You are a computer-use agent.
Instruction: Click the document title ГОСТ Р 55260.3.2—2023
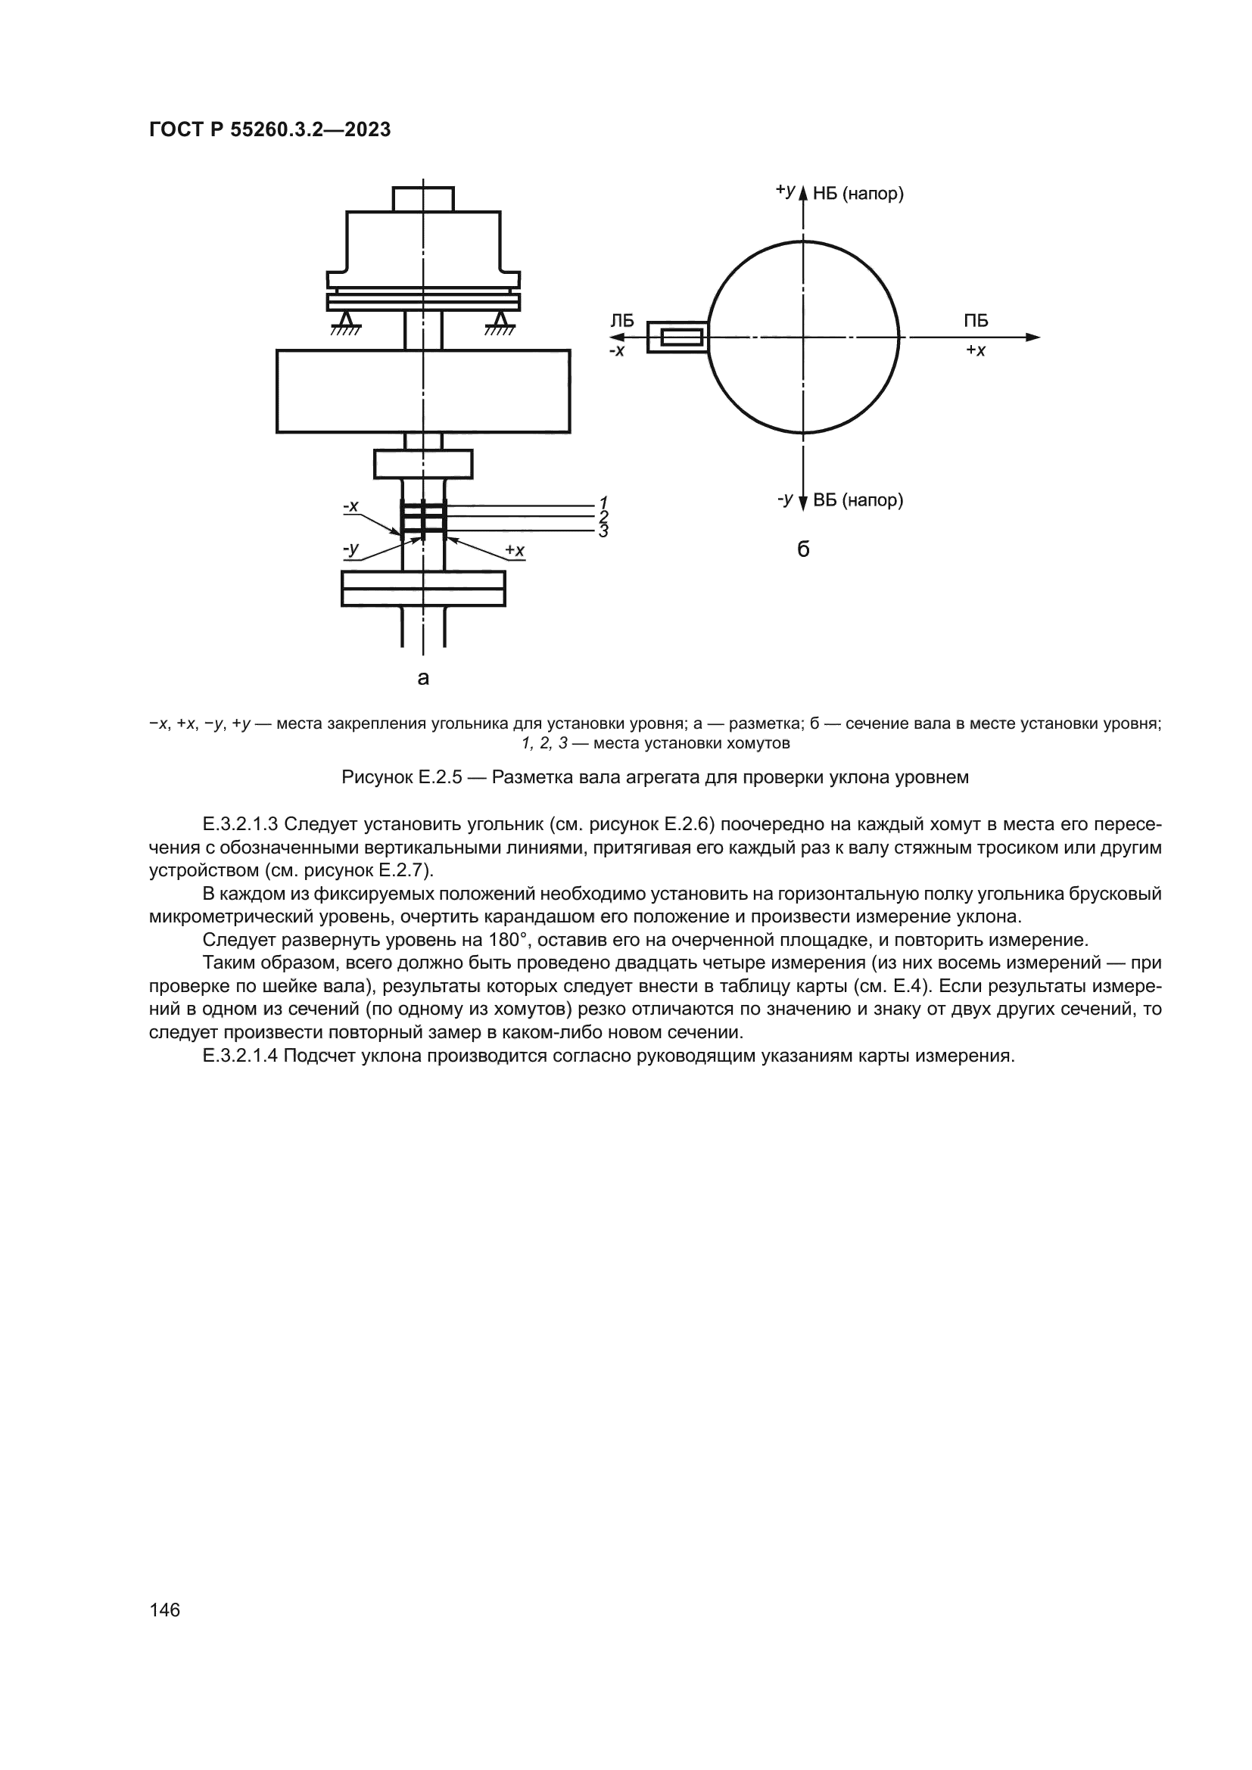point(269,130)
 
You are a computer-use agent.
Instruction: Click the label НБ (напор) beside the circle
point(858,194)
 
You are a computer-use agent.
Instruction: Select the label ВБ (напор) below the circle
point(858,500)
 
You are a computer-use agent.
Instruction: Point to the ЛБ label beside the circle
point(621,321)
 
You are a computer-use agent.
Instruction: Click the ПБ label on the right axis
point(975,321)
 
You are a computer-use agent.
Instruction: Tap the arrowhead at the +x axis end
point(1033,337)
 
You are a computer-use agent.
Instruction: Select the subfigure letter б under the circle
point(802,549)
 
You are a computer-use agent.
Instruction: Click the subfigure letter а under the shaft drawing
point(422,678)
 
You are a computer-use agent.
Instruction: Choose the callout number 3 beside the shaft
point(603,531)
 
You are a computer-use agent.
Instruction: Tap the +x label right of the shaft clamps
point(514,550)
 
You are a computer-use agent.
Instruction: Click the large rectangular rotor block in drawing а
point(422,390)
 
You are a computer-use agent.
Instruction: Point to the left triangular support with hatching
point(346,322)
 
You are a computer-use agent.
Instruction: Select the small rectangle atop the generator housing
point(422,199)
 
